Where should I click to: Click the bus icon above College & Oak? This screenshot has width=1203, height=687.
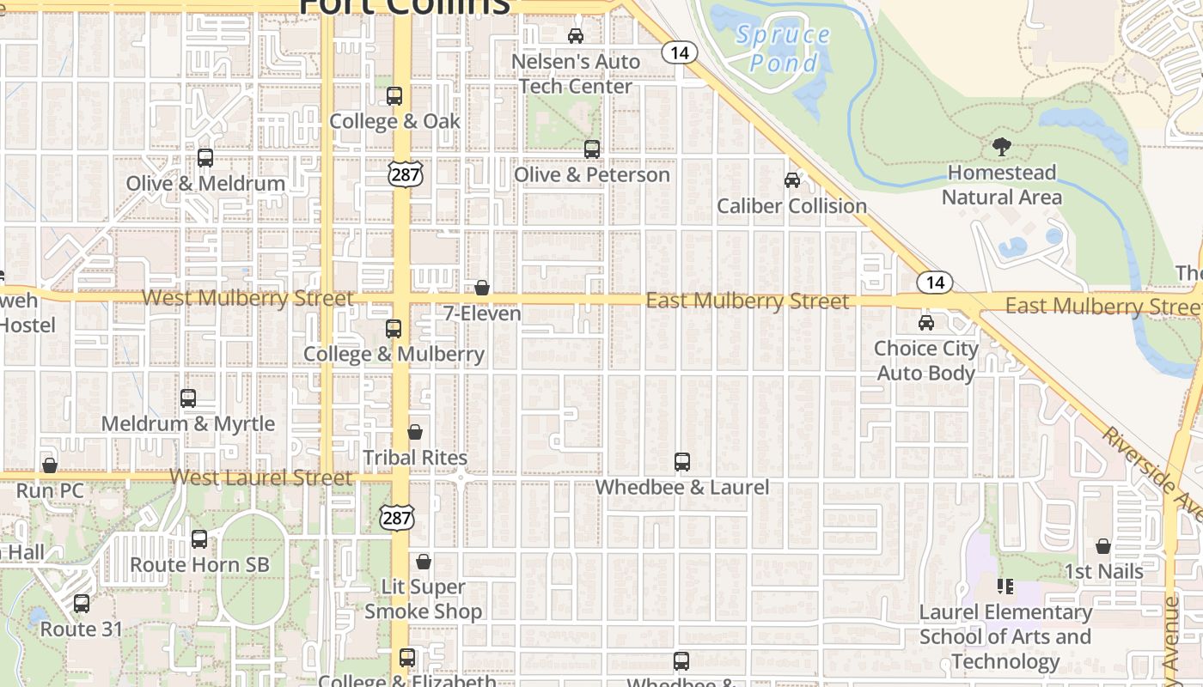click(x=394, y=96)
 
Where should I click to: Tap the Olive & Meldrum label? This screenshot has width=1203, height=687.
click(x=205, y=184)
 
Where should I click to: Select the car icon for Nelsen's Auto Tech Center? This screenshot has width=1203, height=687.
click(x=576, y=36)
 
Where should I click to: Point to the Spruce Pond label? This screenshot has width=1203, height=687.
click(x=783, y=49)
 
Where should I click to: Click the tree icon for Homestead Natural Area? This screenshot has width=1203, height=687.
click(x=1001, y=147)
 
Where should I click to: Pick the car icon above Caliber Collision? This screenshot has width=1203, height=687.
click(x=792, y=180)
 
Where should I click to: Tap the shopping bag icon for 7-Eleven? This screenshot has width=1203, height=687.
click(x=482, y=288)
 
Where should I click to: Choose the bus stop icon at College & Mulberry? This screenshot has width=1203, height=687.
click(x=394, y=328)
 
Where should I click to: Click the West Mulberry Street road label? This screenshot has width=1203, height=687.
click(x=247, y=299)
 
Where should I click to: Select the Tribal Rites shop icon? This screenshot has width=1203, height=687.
click(x=415, y=432)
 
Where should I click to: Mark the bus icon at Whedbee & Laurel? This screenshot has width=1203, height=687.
click(x=682, y=462)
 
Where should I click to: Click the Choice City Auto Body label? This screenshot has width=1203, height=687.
click(x=926, y=361)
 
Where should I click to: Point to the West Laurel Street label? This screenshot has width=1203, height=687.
click(x=261, y=477)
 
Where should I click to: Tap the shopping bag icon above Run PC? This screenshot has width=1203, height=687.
click(x=50, y=465)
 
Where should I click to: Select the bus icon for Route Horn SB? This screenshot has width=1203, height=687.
click(x=199, y=539)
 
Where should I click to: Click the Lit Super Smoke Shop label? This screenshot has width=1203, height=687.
click(x=424, y=599)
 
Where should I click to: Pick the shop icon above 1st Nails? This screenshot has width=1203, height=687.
click(x=1103, y=546)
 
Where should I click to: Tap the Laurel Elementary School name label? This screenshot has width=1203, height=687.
click(x=1005, y=636)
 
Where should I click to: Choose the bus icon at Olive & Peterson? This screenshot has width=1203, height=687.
click(x=592, y=149)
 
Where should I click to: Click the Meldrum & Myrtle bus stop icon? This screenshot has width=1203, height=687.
click(x=188, y=398)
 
